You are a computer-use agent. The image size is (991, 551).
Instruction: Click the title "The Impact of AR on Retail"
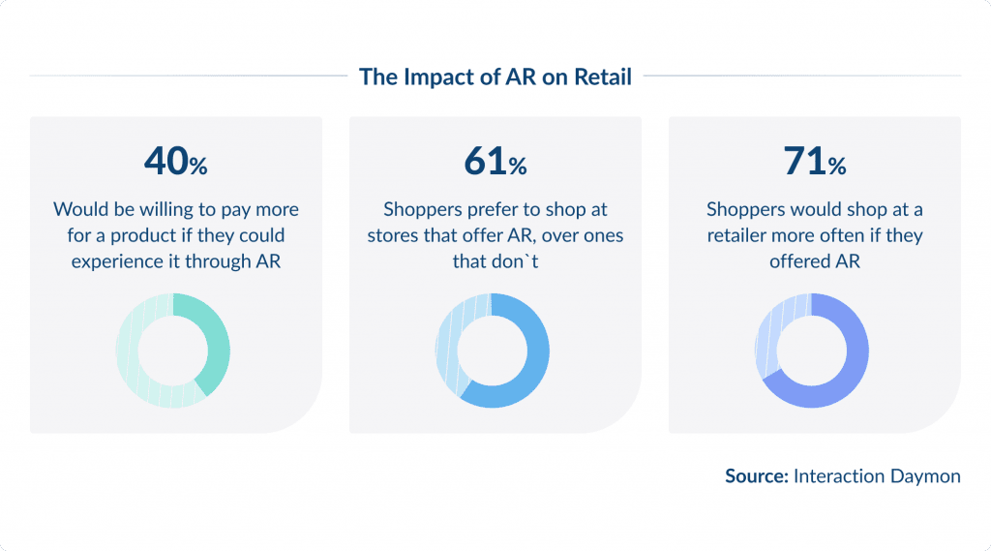point(495,77)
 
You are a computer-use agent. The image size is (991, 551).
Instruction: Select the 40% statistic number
point(175,162)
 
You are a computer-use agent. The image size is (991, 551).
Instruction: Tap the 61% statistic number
point(495,162)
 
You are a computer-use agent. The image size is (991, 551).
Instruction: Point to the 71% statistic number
point(814,162)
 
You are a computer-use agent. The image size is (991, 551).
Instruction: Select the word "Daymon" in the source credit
point(926,475)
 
